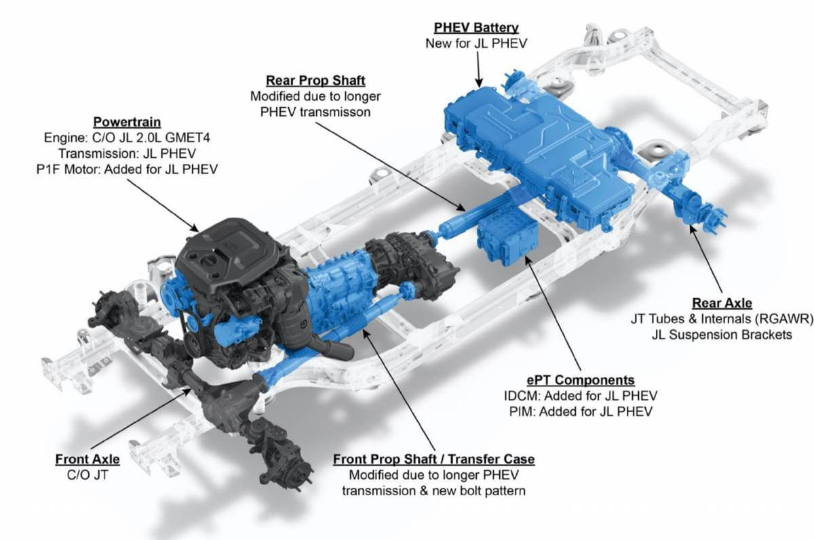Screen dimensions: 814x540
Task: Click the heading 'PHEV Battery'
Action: [x=476, y=28]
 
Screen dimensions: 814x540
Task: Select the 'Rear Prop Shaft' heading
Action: [x=315, y=81]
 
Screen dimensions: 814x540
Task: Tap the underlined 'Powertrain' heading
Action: [x=127, y=122]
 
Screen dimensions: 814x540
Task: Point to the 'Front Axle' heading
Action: [x=88, y=459]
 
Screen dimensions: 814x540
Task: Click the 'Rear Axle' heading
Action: [x=722, y=303]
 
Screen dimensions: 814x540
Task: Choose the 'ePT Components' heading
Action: [x=581, y=380]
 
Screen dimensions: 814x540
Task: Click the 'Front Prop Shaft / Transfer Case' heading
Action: [x=434, y=459]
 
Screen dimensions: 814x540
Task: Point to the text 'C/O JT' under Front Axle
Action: [x=88, y=475]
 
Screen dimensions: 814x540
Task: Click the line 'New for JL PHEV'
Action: [x=476, y=43]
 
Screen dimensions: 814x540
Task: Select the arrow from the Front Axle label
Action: [x=140, y=419]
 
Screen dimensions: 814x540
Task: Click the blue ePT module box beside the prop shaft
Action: [x=507, y=240]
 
